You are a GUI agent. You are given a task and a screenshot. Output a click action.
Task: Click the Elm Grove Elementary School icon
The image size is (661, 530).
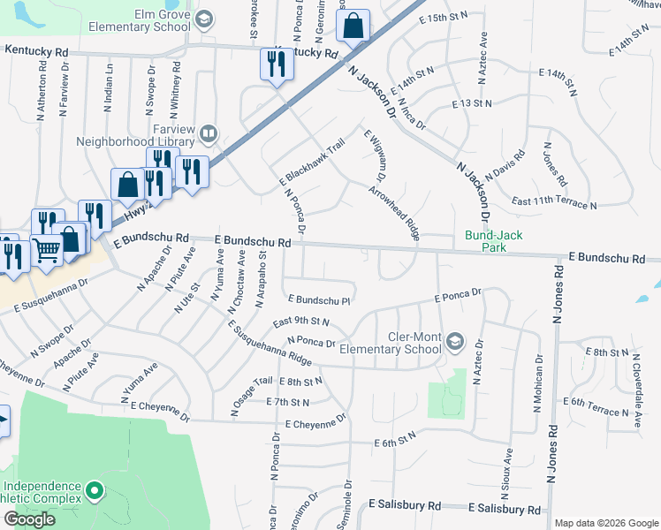click(204, 20)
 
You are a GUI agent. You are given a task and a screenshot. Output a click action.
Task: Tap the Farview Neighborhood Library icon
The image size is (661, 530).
click(208, 134)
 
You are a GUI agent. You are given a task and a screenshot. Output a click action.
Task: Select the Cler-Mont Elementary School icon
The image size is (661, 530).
click(455, 342)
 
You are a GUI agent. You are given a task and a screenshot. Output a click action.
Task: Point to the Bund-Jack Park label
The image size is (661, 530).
click(494, 236)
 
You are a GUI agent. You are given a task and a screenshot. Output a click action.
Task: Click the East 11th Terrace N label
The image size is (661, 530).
click(554, 204)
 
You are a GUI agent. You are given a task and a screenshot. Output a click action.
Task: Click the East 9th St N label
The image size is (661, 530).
click(301, 322)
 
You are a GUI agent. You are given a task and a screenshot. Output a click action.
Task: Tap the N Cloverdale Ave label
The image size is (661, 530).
click(634, 386)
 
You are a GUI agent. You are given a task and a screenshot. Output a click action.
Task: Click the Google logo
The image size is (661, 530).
click(29, 519)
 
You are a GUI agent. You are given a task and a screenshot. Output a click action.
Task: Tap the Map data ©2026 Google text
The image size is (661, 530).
click(605, 523)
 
